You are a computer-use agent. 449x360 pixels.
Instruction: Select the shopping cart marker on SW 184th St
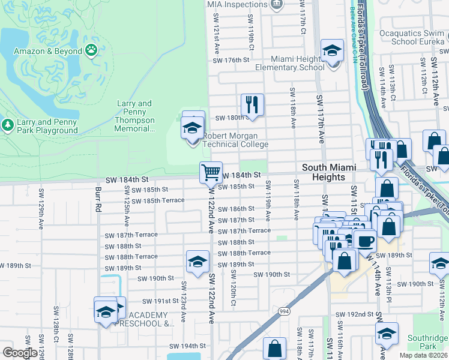coord(211,172)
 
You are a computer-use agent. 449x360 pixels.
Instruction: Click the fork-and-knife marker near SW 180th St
coord(252,104)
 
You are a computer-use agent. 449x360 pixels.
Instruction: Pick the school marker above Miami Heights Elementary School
coord(331,51)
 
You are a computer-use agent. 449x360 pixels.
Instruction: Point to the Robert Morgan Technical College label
coord(235,140)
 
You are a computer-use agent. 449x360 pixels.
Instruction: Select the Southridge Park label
coord(427,342)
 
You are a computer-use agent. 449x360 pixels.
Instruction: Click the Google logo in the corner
coord(20,353)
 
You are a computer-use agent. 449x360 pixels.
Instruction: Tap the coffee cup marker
coord(364,240)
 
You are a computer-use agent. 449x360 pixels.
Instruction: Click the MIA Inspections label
coord(238,4)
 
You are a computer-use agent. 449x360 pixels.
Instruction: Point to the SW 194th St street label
coord(187,346)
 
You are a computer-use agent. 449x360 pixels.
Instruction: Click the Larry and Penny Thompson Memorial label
coord(135,112)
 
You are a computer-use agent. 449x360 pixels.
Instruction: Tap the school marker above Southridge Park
coord(387,333)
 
